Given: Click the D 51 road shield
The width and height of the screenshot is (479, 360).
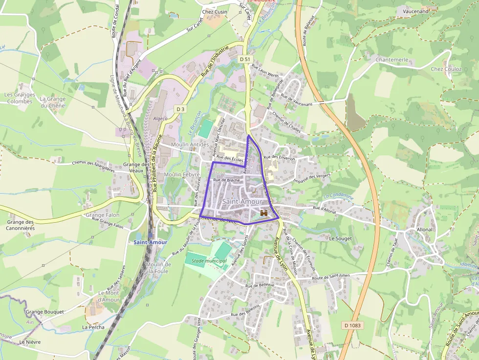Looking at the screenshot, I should [x=245, y=59].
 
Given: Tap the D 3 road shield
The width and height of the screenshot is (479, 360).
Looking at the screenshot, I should [x=181, y=108].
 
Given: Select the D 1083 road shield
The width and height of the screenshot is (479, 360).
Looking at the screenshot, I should [x=352, y=325].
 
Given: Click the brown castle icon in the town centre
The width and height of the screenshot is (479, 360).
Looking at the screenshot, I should [x=264, y=212].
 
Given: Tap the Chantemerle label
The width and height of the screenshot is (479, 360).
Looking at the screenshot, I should [x=392, y=60].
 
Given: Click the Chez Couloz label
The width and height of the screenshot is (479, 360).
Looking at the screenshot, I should [x=446, y=69].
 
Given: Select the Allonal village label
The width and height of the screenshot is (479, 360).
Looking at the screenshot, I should [x=424, y=229].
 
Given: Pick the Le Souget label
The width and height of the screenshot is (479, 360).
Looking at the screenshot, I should [x=341, y=238].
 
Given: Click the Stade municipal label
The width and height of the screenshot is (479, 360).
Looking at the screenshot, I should [x=209, y=261].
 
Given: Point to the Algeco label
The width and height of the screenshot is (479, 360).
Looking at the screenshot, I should [x=161, y=119].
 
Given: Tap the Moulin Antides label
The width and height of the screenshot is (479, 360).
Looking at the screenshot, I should [x=190, y=145].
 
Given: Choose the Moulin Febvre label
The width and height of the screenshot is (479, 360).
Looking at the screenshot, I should [x=182, y=174].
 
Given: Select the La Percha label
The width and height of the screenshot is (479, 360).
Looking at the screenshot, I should [x=93, y=327].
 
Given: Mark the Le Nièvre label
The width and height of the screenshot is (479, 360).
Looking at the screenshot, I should [x=30, y=342].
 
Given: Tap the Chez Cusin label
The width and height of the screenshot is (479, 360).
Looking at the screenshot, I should [x=215, y=12].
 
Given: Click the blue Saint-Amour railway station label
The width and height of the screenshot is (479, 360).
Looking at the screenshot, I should [x=151, y=242].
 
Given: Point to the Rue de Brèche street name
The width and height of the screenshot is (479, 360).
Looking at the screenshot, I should [x=226, y=180].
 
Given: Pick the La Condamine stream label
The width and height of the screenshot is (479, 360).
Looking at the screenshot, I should [x=338, y=196].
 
